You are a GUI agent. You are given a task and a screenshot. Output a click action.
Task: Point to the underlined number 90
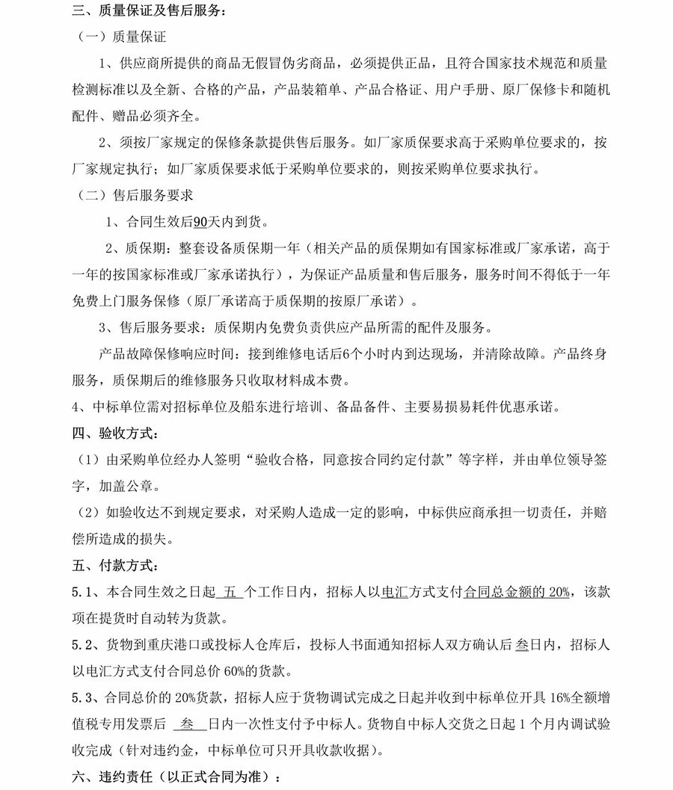pos(200,222)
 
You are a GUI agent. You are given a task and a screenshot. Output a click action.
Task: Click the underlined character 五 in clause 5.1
pos(230,592)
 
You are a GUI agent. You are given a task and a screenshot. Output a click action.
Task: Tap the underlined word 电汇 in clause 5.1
pos(393,592)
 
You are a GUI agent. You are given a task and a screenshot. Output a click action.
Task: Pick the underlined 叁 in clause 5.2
pos(523,644)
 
